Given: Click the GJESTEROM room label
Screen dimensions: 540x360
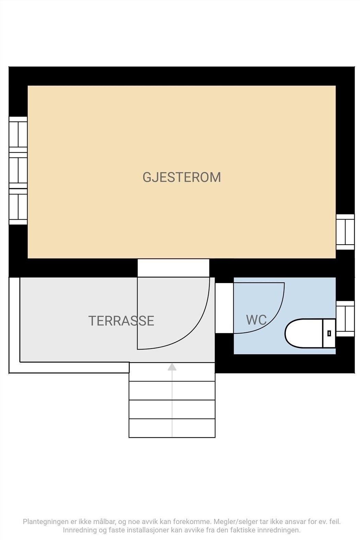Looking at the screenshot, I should click(182, 177).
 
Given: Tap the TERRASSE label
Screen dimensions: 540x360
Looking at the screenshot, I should click(121, 321).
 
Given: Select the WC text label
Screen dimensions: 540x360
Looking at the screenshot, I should click(256, 320).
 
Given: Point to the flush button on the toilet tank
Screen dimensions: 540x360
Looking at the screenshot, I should click(329, 333).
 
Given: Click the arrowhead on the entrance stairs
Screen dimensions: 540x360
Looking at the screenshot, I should click(172, 367).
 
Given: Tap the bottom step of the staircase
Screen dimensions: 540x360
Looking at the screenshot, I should click(172, 428).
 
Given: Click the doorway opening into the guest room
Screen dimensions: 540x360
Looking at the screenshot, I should click(173, 268).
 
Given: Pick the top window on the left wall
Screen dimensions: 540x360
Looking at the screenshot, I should click(18, 134).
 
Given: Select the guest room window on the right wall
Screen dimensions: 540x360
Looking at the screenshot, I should click(345, 232).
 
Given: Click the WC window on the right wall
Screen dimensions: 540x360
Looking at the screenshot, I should click(345, 319).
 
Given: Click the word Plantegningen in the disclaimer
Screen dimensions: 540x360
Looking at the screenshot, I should click(46, 522).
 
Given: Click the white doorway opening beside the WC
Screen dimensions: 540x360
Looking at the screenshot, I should click(224, 308).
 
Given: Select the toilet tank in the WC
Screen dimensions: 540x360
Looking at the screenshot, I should click(329, 333).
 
